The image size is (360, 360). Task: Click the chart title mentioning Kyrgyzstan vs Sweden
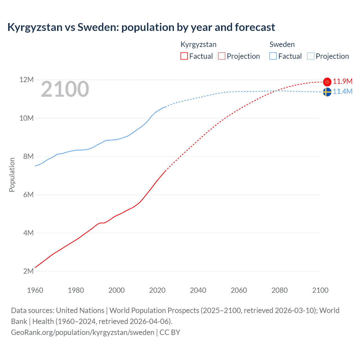pyautogui.click(x=141, y=27)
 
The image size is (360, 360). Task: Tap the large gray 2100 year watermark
pyautogui.click(x=65, y=89)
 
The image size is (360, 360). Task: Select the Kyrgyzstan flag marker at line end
pyautogui.click(x=327, y=82)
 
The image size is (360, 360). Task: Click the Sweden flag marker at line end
pyautogui.click(x=327, y=92)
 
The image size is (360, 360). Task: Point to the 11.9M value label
pyautogui.click(x=343, y=82)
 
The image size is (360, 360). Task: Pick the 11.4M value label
pyautogui.click(x=343, y=92)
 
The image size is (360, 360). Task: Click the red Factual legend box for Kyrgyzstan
pyautogui.click(x=184, y=56)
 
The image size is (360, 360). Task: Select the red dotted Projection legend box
pyautogui.click(x=222, y=56)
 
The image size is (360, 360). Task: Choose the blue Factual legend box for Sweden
pyautogui.click(x=273, y=56)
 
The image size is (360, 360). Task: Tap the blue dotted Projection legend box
pyautogui.click(x=310, y=56)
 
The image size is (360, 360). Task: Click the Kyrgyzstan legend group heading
pyautogui.click(x=199, y=44)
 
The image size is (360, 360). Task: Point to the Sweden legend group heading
pyautogui.click(x=282, y=44)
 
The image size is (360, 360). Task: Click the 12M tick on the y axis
pyautogui.click(x=26, y=80)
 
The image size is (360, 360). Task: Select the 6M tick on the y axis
pyautogui.click(x=28, y=195)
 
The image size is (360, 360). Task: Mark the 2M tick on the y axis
pyautogui.click(x=28, y=271)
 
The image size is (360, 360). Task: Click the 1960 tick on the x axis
pyautogui.click(x=35, y=290)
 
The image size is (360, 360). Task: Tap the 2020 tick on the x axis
pyautogui.click(x=157, y=290)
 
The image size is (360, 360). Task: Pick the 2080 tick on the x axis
pyautogui.click(x=280, y=290)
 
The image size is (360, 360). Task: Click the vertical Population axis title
pyautogui.click(x=12, y=175)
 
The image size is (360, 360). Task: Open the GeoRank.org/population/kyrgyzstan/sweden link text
pyautogui.click(x=83, y=332)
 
